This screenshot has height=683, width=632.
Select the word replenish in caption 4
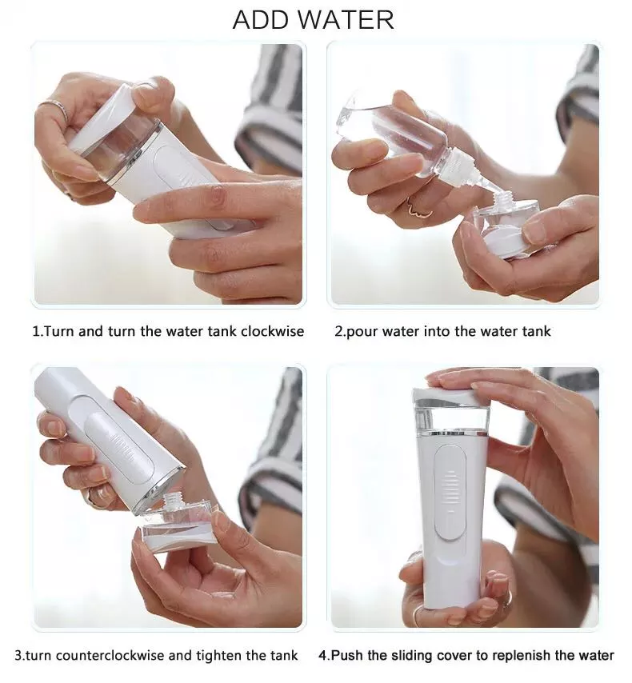(524, 655)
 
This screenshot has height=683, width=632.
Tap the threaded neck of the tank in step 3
(174, 501)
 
